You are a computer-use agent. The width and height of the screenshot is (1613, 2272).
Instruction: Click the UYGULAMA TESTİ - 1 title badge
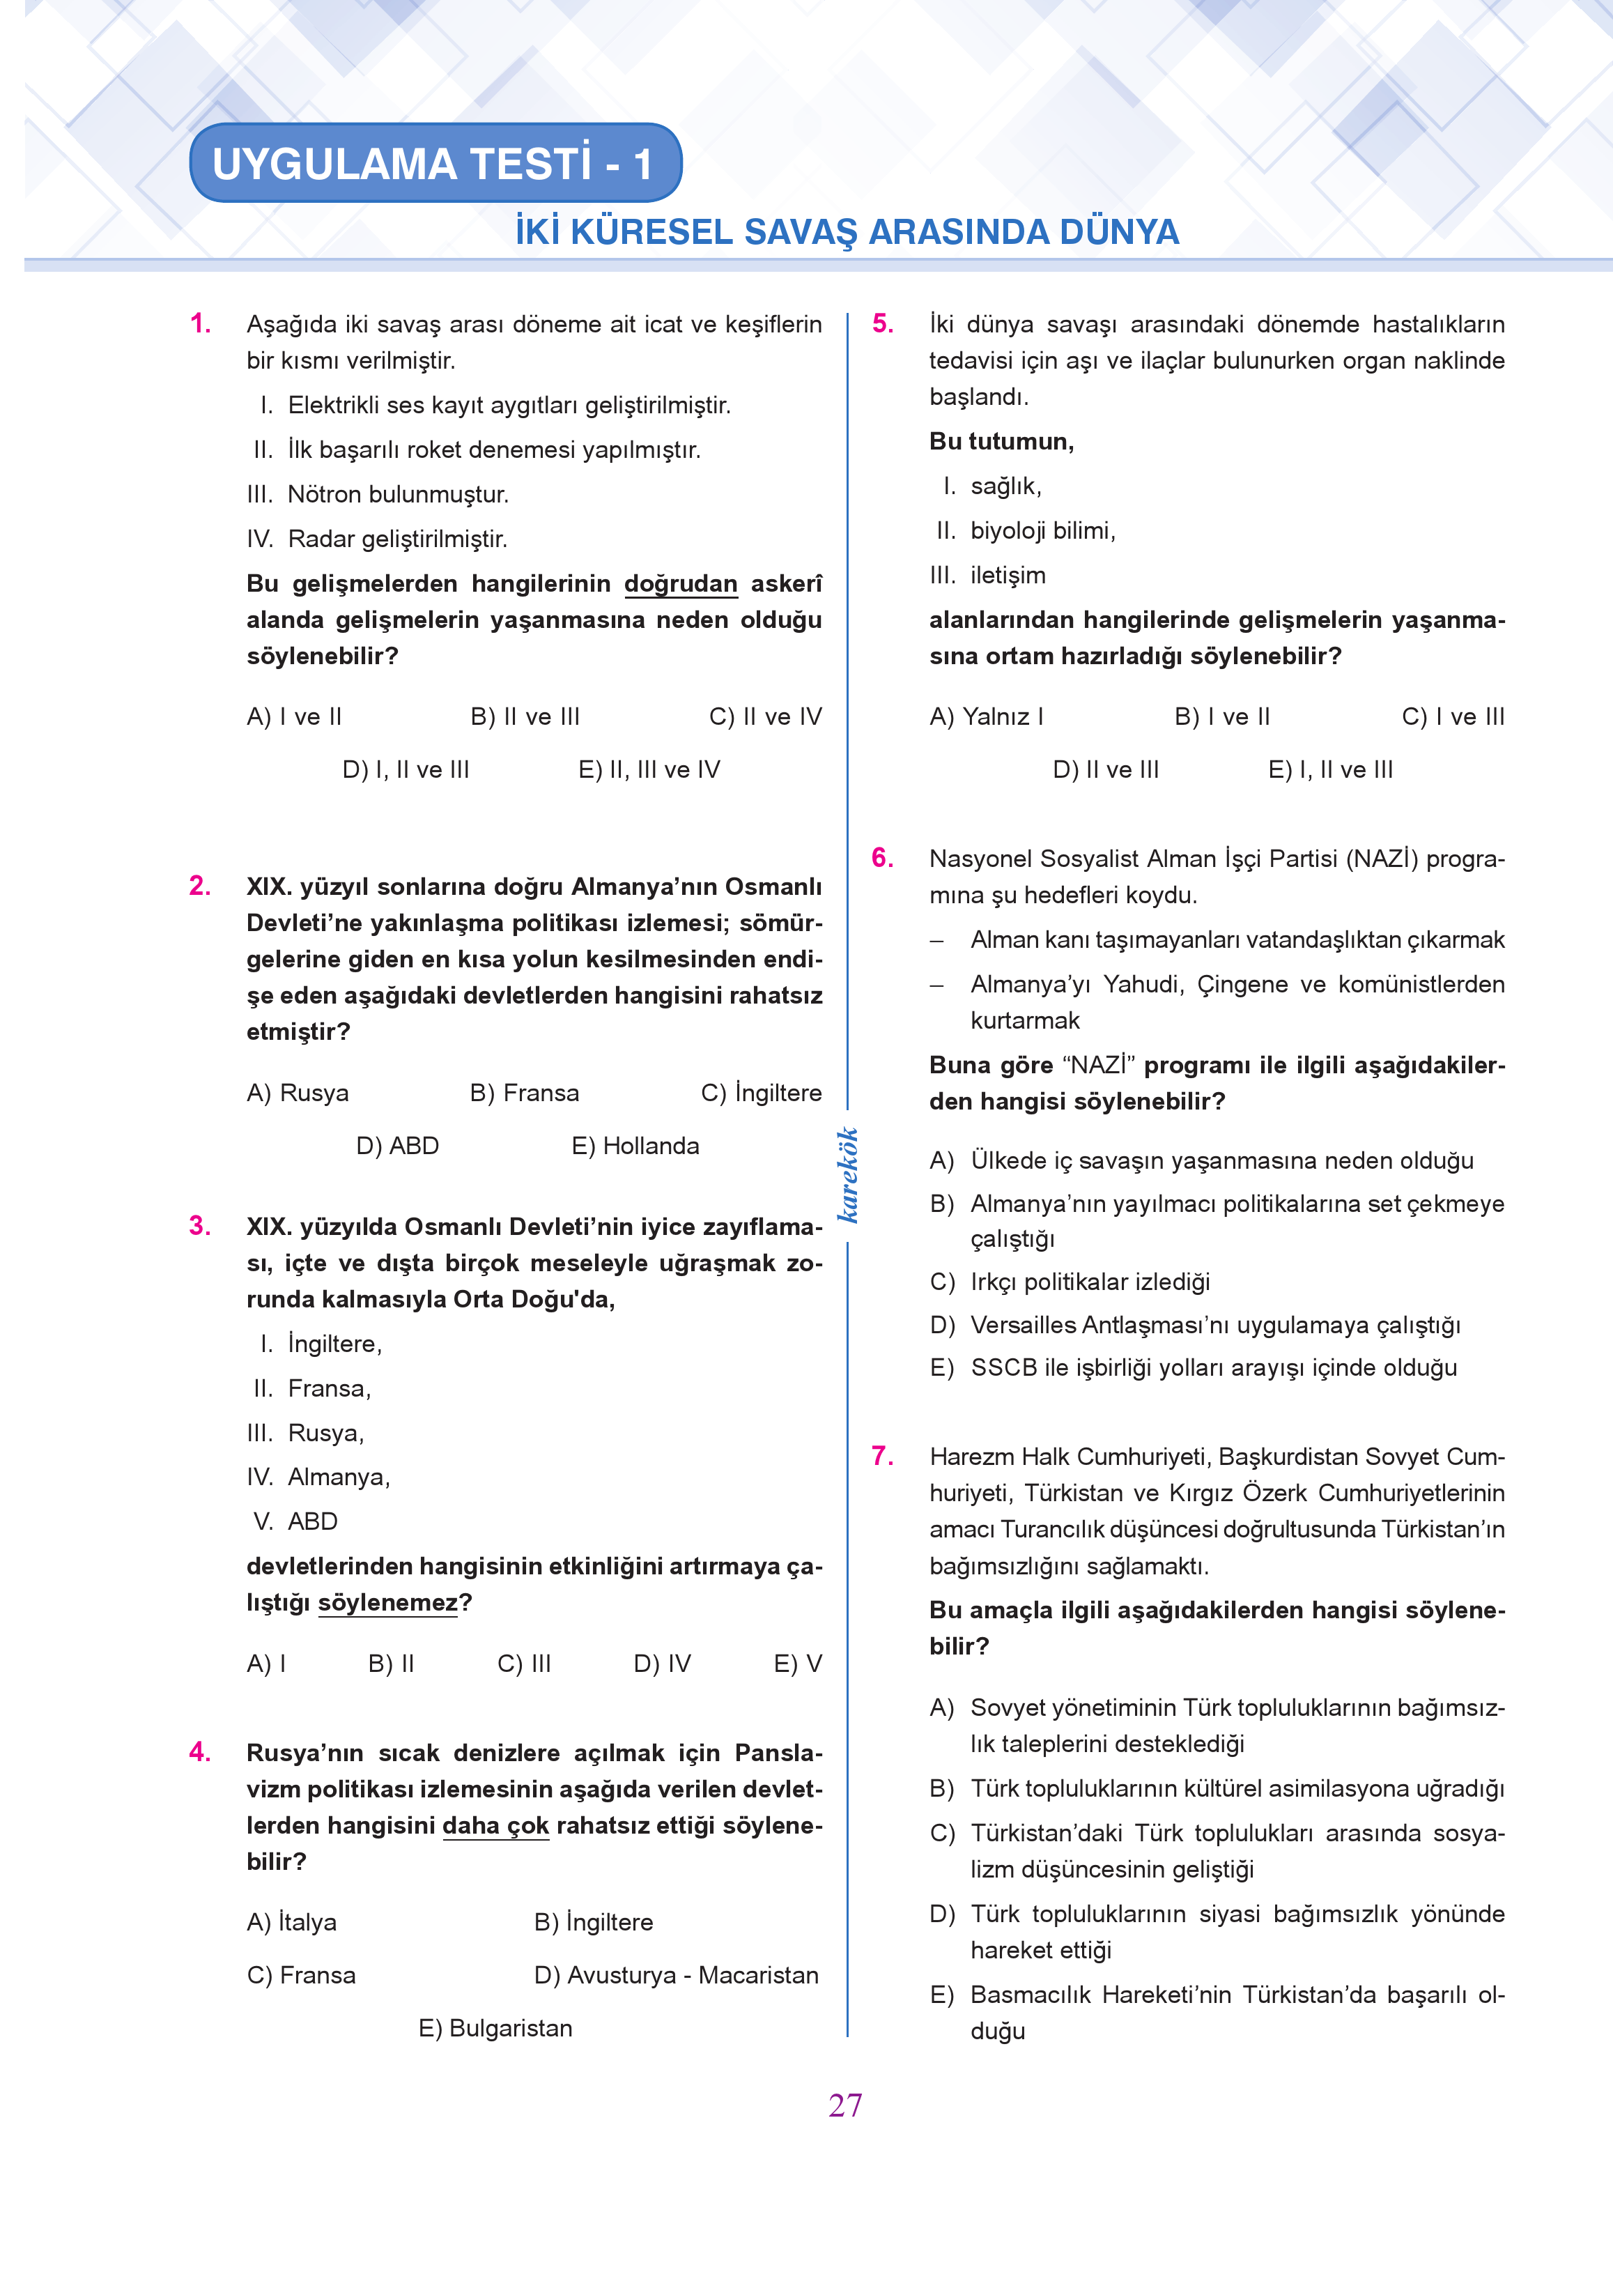coord(434,163)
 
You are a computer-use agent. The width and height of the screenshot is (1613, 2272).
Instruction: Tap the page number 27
coord(845,2104)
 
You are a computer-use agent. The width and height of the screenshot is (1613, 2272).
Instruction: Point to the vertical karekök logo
coord(847,1174)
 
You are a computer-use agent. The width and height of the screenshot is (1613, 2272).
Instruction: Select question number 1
coord(201,324)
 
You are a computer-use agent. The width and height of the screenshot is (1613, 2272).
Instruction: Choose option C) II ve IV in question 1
coord(765,716)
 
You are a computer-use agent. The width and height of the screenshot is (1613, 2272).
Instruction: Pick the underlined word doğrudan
coord(680,583)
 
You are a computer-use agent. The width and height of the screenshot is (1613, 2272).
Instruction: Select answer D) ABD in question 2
coord(397,1146)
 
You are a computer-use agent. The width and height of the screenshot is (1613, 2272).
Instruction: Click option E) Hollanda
coord(635,1146)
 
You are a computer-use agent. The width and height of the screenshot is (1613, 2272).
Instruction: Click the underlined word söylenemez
coord(388,1602)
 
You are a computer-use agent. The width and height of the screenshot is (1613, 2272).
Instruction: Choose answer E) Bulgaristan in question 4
coord(495,2027)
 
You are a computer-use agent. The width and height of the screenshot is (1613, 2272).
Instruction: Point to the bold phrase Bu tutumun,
coord(1001,441)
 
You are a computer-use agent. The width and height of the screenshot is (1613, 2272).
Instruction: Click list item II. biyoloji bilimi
coord(1026,530)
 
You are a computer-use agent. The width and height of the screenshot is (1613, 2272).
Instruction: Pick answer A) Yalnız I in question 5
coord(987,716)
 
